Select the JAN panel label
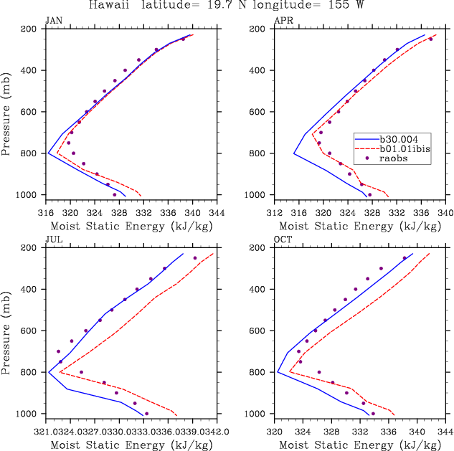coord(53,22)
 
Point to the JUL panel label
coord(53,241)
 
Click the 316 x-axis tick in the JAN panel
coord(45,212)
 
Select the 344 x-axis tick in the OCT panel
coord(445,432)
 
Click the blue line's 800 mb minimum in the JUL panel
coord(49,372)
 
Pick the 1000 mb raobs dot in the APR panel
coord(369,194)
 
